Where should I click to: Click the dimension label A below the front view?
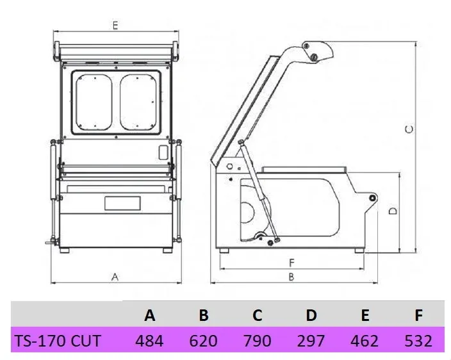click(x=115, y=277)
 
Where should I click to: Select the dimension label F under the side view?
click(x=291, y=262)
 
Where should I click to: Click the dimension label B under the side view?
click(x=291, y=277)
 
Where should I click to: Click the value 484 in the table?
click(x=149, y=340)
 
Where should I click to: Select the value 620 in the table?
click(x=203, y=340)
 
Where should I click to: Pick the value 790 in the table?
click(x=257, y=340)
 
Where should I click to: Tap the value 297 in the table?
click(x=311, y=340)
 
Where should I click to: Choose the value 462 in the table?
click(x=365, y=340)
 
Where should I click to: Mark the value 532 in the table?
click(x=418, y=340)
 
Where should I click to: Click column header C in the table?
click(x=257, y=315)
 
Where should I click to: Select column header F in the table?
click(x=418, y=315)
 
